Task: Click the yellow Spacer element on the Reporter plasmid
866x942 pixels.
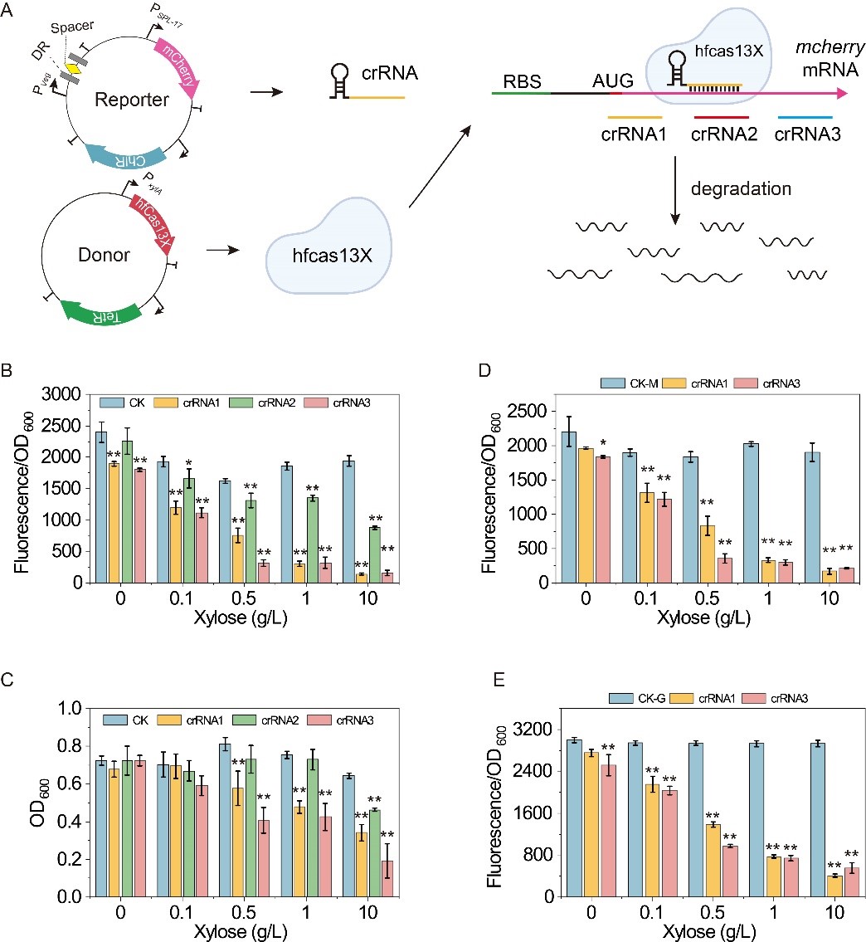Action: (x=73, y=70)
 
